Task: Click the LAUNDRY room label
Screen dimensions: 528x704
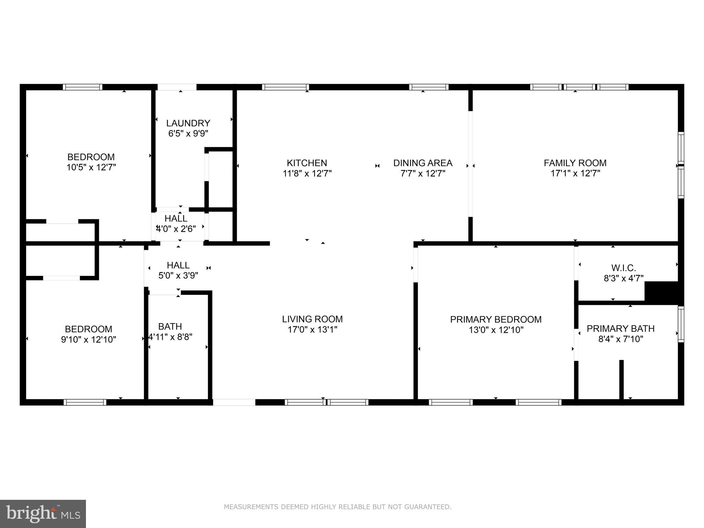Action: pyautogui.click(x=188, y=123)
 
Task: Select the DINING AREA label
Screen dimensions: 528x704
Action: pyautogui.click(x=422, y=163)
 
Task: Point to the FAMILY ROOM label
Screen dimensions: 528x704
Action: pyautogui.click(x=575, y=163)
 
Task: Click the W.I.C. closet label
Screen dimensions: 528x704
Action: pyautogui.click(x=623, y=268)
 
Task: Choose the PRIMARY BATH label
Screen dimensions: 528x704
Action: pyautogui.click(x=620, y=329)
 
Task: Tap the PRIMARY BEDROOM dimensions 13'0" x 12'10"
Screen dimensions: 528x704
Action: pyautogui.click(x=496, y=330)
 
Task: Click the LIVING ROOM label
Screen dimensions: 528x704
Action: pyautogui.click(x=312, y=319)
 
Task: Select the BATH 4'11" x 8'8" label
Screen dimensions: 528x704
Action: pyautogui.click(x=170, y=331)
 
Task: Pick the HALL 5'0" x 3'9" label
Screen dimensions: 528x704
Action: pyautogui.click(x=178, y=270)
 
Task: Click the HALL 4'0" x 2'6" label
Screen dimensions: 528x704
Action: pyautogui.click(x=176, y=223)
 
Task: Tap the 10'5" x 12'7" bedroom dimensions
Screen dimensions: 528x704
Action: pyautogui.click(x=91, y=167)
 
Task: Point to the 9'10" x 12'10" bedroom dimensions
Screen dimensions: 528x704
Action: pyautogui.click(x=89, y=340)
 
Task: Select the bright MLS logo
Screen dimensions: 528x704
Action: pyautogui.click(x=43, y=514)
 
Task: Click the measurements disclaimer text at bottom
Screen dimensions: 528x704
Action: pyautogui.click(x=338, y=507)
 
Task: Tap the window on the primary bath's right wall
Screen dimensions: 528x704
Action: pyautogui.click(x=681, y=324)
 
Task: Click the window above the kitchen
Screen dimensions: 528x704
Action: pyautogui.click(x=285, y=87)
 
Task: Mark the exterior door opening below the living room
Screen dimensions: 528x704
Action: pyautogui.click(x=234, y=402)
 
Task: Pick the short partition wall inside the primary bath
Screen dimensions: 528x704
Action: pyautogui.click(x=621, y=380)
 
